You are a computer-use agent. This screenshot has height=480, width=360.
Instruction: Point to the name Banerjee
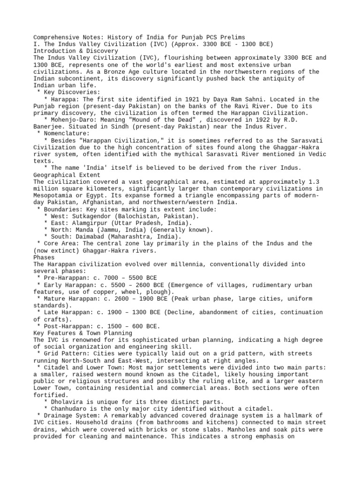(x=49, y=127)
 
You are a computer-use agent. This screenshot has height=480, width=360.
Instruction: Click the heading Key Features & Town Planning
(x=79, y=333)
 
